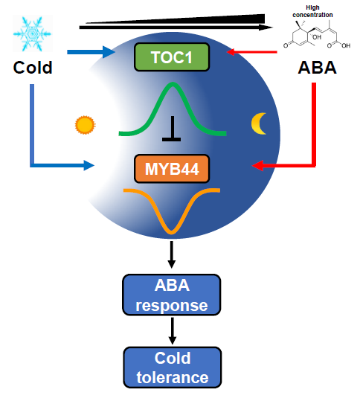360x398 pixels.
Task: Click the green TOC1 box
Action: tap(172, 57)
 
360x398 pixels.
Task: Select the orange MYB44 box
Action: tap(172, 169)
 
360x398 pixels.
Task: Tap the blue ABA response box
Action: tap(172, 295)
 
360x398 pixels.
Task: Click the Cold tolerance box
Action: tap(173, 367)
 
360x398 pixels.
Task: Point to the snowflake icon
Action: tap(33, 33)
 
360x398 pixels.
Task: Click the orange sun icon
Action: tap(85, 125)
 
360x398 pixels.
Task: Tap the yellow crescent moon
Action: tap(259, 123)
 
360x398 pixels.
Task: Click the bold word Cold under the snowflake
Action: tap(33, 68)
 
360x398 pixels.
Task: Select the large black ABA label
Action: tap(318, 68)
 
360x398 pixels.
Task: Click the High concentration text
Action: tap(312, 11)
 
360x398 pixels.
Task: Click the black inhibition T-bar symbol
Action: tap(172, 129)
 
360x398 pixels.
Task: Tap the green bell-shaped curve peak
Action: tap(173, 84)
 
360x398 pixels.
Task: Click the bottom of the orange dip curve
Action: tap(172, 231)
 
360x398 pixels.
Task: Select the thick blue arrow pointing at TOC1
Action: tap(91, 52)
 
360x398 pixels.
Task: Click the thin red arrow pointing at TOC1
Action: tap(251, 52)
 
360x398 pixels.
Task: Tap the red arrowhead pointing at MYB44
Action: tap(257, 166)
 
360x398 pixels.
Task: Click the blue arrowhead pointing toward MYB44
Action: tap(89, 165)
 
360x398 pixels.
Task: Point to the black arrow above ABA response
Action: tap(172, 254)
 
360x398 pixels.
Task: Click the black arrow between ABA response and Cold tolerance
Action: tap(173, 331)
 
